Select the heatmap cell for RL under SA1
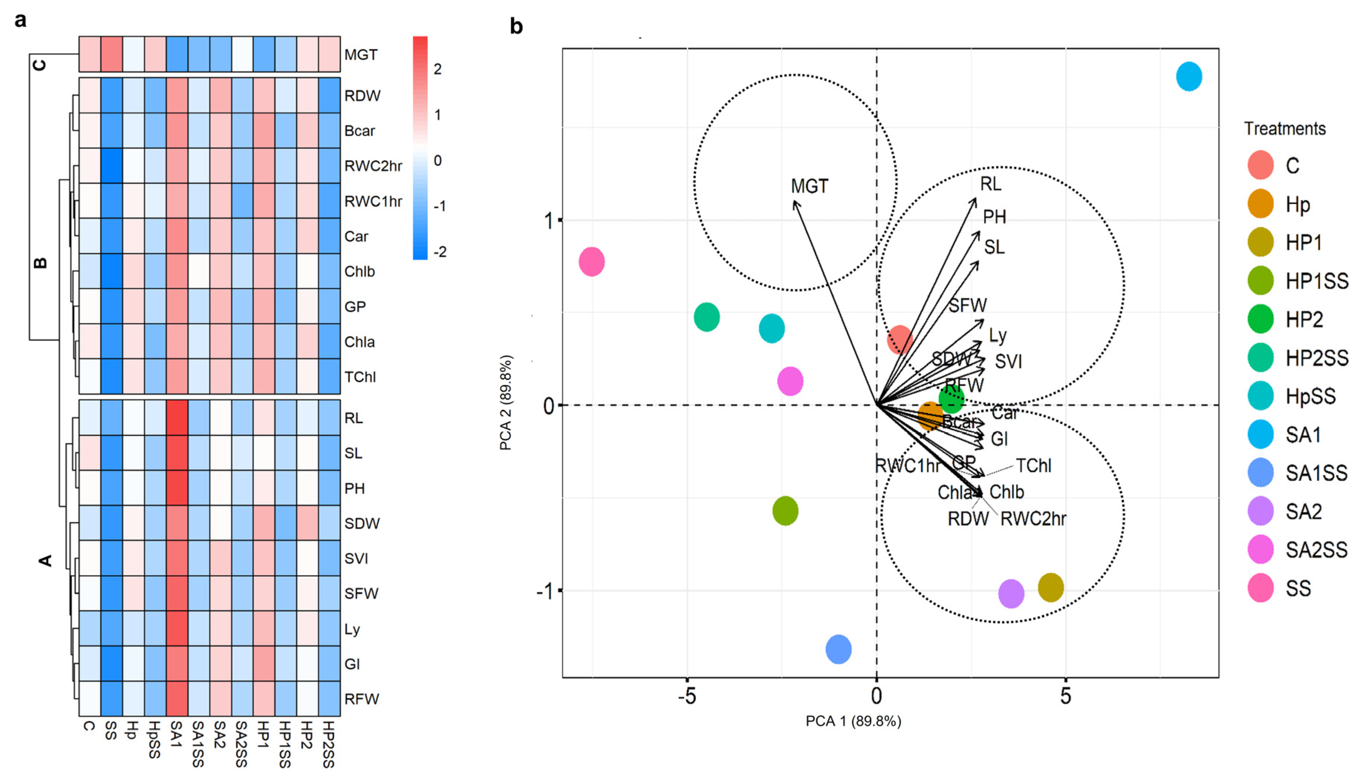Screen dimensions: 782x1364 click(177, 417)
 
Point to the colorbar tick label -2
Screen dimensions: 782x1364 click(439, 251)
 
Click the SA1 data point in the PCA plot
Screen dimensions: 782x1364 click(1189, 77)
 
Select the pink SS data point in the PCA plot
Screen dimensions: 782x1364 click(592, 261)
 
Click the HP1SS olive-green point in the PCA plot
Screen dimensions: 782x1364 click(785, 511)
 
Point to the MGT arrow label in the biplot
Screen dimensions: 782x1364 click(809, 186)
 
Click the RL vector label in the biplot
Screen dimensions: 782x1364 click(991, 184)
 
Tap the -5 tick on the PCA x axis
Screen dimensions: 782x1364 click(687, 697)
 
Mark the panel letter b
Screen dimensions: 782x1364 click(516, 27)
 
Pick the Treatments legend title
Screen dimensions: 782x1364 click(1285, 129)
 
